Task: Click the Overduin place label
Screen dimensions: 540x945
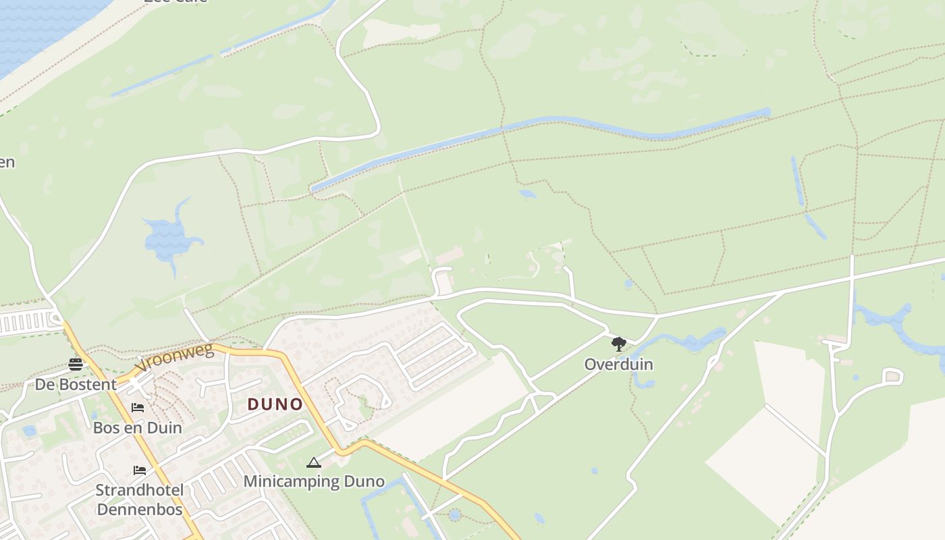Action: pyautogui.click(x=618, y=364)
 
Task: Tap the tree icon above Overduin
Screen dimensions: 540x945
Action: pyautogui.click(x=618, y=344)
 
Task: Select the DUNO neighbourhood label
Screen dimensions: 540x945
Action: pyautogui.click(x=275, y=404)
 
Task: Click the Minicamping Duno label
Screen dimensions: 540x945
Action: pyautogui.click(x=314, y=481)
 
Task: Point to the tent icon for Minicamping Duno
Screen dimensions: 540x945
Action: pyautogui.click(x=313, y=462)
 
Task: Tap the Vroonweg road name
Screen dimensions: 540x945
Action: pyautogui.click(x=174, y=357)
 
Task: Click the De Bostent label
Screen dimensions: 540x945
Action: pyautogui.click(x=76, y=385)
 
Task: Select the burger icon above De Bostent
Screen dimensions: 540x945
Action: pyautogui.click(x=76, y=364)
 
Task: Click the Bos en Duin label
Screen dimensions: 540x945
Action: pyautogui.click(x=137, y=427)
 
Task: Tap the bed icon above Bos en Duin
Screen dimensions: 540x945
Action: pyautogui.click(x=138, y=408)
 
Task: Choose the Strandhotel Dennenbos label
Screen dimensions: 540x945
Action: pyautogui.click(x=140, y=500)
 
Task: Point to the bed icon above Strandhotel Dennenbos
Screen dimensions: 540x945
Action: pyautogui.click(x=140, y=470)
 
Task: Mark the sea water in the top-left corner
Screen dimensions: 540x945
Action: pyautogui.click(x=40, y=27)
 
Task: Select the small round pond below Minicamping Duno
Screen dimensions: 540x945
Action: pyautogui.click(x=454, y=515)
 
